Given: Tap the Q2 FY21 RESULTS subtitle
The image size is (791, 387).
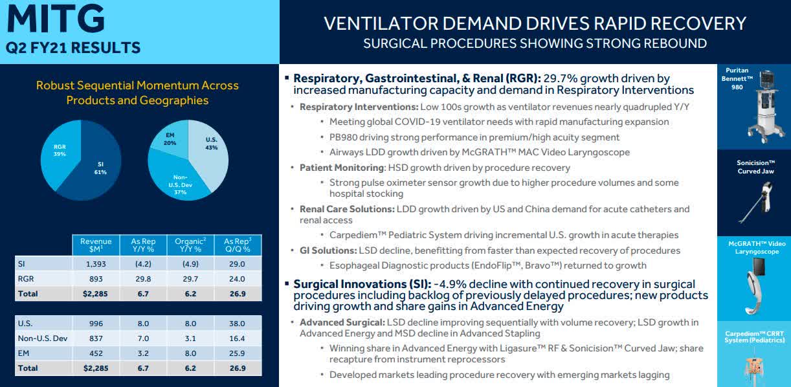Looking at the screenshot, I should tap(72, 47).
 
